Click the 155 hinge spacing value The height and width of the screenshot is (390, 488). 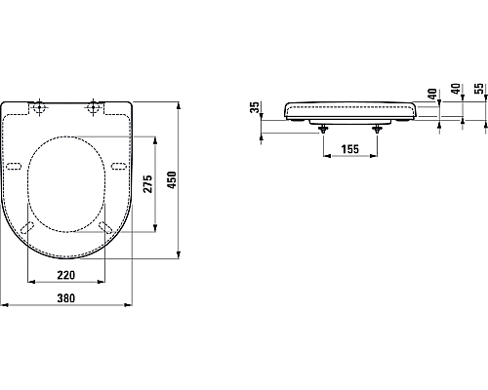347,148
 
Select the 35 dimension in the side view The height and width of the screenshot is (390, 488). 256,106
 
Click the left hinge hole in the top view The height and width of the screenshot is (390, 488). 39,108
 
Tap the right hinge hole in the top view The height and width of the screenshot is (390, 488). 96,108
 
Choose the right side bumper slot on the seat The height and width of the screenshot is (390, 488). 118,167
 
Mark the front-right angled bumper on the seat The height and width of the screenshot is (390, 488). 102,227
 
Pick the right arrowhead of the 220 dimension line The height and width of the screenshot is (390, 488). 105,283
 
